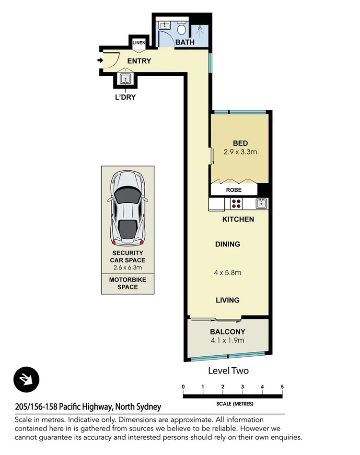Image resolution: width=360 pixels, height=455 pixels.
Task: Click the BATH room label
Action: point(185,42)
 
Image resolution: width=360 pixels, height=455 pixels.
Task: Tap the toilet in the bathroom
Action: point(182,29)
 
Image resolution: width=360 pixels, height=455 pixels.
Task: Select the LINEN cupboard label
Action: point(139,43)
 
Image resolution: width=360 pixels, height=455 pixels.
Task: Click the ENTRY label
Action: point(139,61)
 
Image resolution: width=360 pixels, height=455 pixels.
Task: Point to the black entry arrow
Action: point(100,60)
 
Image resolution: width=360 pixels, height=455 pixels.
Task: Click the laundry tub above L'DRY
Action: point(126,79)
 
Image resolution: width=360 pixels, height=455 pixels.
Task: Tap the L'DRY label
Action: point(126,97)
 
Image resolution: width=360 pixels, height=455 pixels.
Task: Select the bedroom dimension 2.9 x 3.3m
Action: point(240,152)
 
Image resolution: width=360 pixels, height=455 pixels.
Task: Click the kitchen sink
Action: point(261,203)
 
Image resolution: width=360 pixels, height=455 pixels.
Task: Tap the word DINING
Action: point(227,244)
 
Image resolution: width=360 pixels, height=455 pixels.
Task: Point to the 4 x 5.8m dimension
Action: point(227,273)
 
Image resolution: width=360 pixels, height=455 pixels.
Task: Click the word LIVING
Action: point(227,300)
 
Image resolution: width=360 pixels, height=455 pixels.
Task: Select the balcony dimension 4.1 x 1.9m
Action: point(228,340)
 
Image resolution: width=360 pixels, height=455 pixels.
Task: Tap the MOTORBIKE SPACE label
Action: point(127,283)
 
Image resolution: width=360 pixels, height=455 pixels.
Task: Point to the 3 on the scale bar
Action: point(243,386)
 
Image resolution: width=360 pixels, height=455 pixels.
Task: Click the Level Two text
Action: point(228,371)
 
